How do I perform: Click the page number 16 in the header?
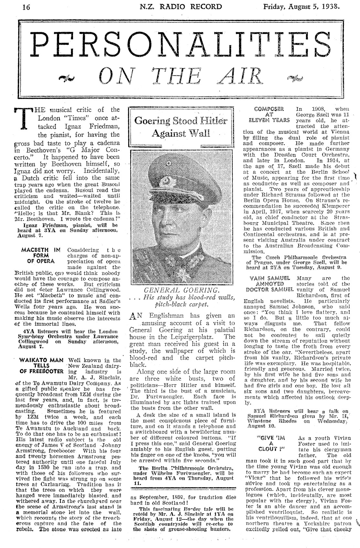(26, 7)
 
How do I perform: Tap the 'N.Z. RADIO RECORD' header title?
(181, 7)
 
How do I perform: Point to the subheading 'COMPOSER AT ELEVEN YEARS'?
(269, 114)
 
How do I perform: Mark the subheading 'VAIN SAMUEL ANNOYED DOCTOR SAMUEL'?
(270, 283)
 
